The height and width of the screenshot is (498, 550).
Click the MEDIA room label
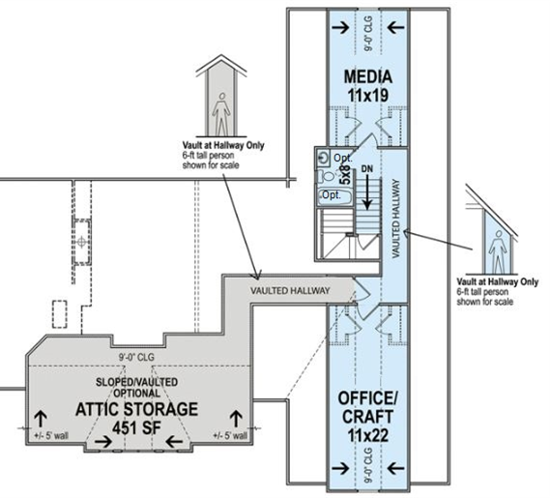coord(367,76)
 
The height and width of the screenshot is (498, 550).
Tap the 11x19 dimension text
coord(368,95)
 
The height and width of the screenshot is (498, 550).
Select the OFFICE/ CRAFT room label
coord(367,407)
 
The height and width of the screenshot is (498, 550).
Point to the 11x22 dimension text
coord(368,435)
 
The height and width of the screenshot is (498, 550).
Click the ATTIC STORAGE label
coord(137,409)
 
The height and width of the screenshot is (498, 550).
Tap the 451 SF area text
coord(137,427)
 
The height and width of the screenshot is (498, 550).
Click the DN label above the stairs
coord(367,169)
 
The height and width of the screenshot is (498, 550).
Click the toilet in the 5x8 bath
coord(325,176)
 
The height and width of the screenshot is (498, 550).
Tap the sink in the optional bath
coord(323,158)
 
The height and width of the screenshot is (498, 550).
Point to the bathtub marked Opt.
coord(334,196)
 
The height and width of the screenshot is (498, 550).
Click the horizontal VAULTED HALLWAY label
coord(290,291)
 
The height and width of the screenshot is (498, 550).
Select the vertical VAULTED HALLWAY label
coord(396,219)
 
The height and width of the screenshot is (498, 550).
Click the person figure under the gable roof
coord(221,114)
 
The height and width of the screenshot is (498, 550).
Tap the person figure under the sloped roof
coord(498,251)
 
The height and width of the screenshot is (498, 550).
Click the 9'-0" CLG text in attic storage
coord(136,357)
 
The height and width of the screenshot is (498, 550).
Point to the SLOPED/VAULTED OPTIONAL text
coord(137,387)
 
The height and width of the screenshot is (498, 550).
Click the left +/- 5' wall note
coord(51,435)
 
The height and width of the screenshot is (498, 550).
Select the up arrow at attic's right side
coord(236,420)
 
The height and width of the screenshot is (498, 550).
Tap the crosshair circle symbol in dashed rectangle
coord(81,242)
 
